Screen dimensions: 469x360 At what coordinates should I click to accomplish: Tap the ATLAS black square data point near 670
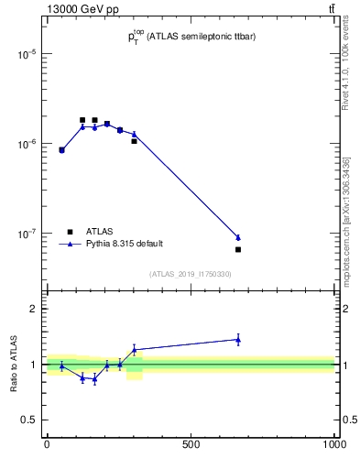[x=238, y=249]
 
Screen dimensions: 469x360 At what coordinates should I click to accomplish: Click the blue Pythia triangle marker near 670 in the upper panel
[x=238, y=237]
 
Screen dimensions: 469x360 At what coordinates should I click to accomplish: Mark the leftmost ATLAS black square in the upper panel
[x=61, y=149]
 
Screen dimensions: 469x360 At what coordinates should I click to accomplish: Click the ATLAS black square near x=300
[x=134, y=141]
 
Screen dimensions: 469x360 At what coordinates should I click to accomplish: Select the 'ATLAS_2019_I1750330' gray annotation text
[x=191, y=274]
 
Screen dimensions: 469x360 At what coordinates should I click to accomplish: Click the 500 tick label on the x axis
[x=191, y=443]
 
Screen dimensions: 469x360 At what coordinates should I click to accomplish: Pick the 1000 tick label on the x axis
[x=333, y=443]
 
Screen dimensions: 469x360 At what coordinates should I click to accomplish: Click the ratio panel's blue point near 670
[x=238, y=339]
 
